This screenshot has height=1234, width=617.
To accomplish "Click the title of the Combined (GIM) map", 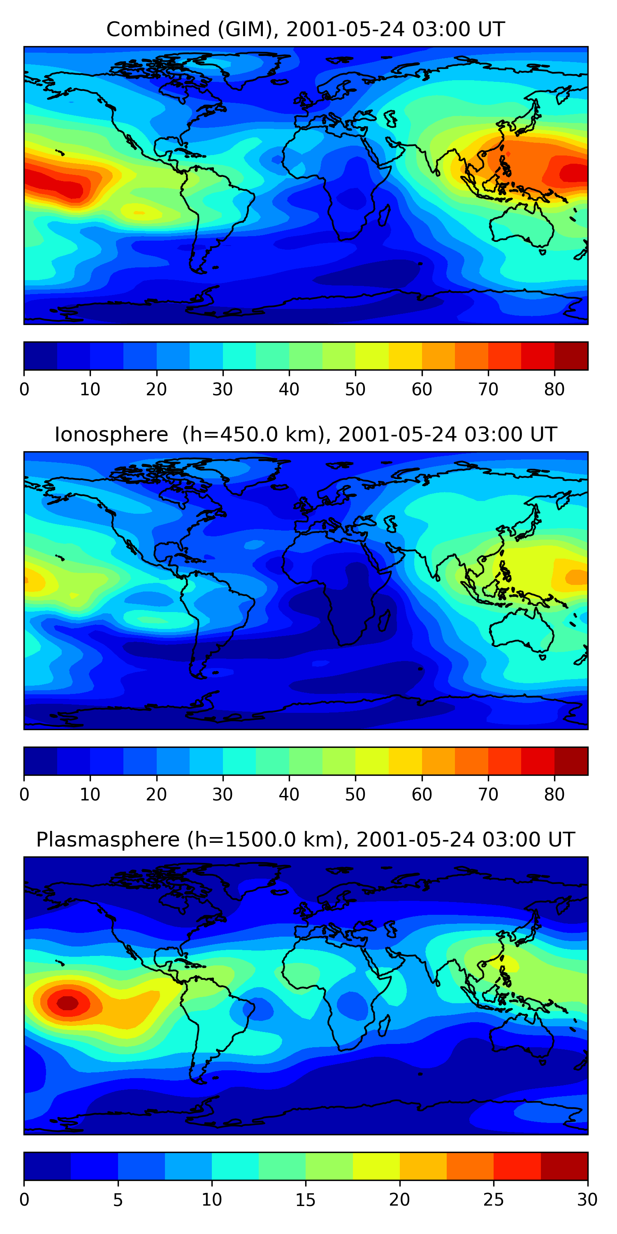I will pos(305,29).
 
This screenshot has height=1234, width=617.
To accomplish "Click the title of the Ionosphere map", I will pos(305,434).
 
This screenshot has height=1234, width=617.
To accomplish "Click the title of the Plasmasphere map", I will pos(305,840).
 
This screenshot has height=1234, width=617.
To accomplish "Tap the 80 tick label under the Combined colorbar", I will pos(554,390).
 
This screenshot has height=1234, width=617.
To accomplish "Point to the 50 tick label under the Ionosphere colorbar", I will pos(355,795).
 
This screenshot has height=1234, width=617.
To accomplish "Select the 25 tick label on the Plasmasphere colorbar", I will pos(494,1200).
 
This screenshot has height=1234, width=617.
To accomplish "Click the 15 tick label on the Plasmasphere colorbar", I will pos(305,1200).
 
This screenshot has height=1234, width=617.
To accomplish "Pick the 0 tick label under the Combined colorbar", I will pos(24,390).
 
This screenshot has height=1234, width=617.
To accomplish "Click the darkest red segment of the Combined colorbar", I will pos(571,356).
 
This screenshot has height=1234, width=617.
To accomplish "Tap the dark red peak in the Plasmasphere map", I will pos(67,1003).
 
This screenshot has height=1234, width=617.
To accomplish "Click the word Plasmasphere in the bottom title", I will pos(107,840).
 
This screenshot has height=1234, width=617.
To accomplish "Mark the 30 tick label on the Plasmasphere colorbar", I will pos(587,1200).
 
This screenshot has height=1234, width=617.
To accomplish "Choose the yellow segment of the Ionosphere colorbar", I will pos(372,761).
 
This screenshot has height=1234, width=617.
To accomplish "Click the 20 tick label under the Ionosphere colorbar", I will pos(156,795).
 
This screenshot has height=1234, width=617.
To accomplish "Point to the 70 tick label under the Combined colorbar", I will pos(488,390).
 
